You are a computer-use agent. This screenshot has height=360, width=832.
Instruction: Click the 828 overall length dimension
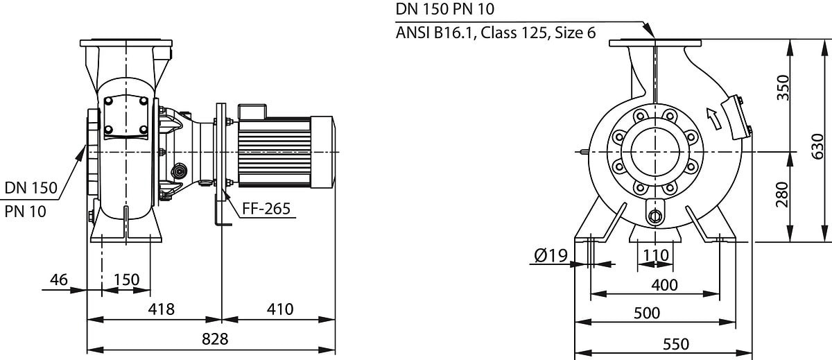215,338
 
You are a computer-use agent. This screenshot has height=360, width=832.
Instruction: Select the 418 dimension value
161,309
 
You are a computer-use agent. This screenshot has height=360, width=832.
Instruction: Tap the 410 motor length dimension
280,309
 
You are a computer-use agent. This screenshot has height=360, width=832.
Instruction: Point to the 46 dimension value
59,280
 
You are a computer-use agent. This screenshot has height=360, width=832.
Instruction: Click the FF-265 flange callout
266,209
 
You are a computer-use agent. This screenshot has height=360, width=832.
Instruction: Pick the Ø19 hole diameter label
551,255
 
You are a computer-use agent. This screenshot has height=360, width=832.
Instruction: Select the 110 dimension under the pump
656,255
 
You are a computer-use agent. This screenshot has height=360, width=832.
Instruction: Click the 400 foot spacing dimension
664,285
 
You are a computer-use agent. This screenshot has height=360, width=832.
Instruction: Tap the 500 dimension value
647,314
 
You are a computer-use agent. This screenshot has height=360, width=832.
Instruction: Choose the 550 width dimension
675,345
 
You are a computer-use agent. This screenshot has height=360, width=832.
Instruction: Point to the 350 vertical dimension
783,87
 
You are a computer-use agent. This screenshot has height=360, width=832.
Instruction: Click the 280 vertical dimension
782,194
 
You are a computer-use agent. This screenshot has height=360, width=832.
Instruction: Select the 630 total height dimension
817,147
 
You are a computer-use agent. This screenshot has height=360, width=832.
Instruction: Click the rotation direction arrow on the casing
713,119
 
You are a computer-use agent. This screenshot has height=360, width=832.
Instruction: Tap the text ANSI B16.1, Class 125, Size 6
496,33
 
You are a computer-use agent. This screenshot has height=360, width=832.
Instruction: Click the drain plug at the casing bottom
655,216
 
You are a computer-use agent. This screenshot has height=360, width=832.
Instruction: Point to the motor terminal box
252,112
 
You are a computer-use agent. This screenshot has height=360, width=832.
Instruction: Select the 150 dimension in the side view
126,280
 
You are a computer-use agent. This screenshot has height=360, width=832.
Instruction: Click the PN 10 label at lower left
25,212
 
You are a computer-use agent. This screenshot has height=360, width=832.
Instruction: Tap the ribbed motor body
274,153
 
